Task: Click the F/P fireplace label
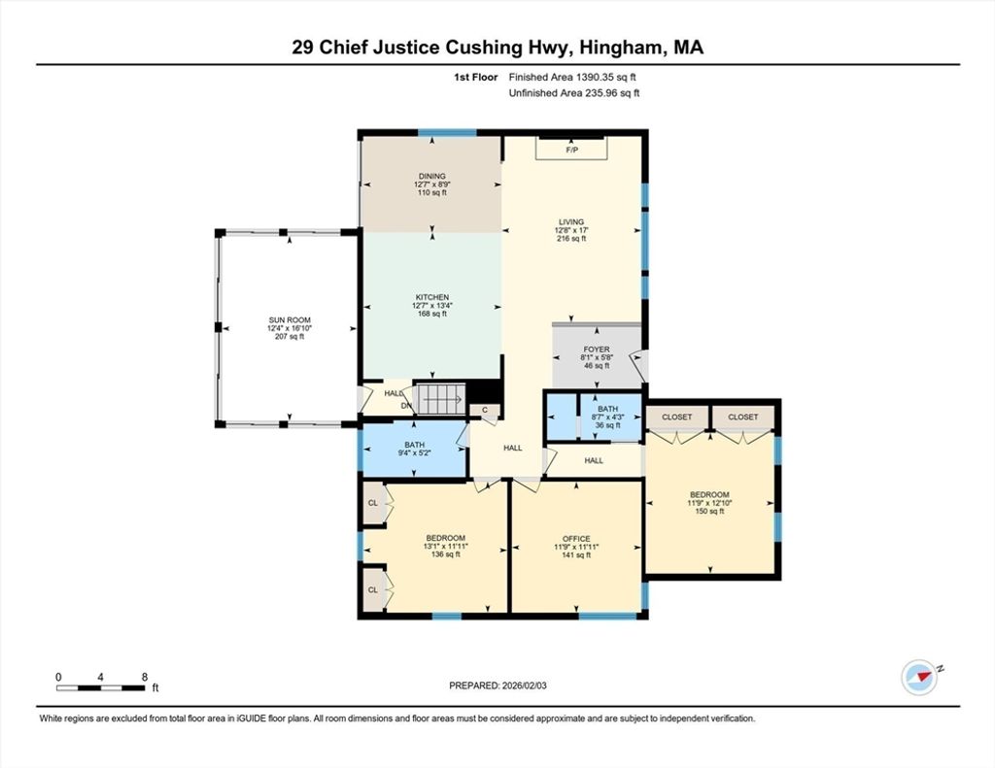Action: (571, 150)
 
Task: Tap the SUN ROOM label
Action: (290, 320)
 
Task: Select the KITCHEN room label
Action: (432, 297)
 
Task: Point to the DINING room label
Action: (432, 177)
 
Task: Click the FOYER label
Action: (597, 350)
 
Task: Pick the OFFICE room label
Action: (576, 539)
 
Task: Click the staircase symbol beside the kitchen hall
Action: (439, 400)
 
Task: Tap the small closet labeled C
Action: (485, 411)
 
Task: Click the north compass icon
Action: (919, 678)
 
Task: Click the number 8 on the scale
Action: (145, 677)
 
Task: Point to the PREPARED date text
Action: (497, 685)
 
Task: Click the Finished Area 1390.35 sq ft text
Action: (572, 78)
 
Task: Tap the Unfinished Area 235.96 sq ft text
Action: (574, 93)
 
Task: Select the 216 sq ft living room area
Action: (571, 239)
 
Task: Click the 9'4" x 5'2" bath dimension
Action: (414, 452)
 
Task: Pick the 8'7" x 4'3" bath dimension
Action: (607, 417)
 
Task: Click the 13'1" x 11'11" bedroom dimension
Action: (445, 546)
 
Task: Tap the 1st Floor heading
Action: (475, 78)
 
